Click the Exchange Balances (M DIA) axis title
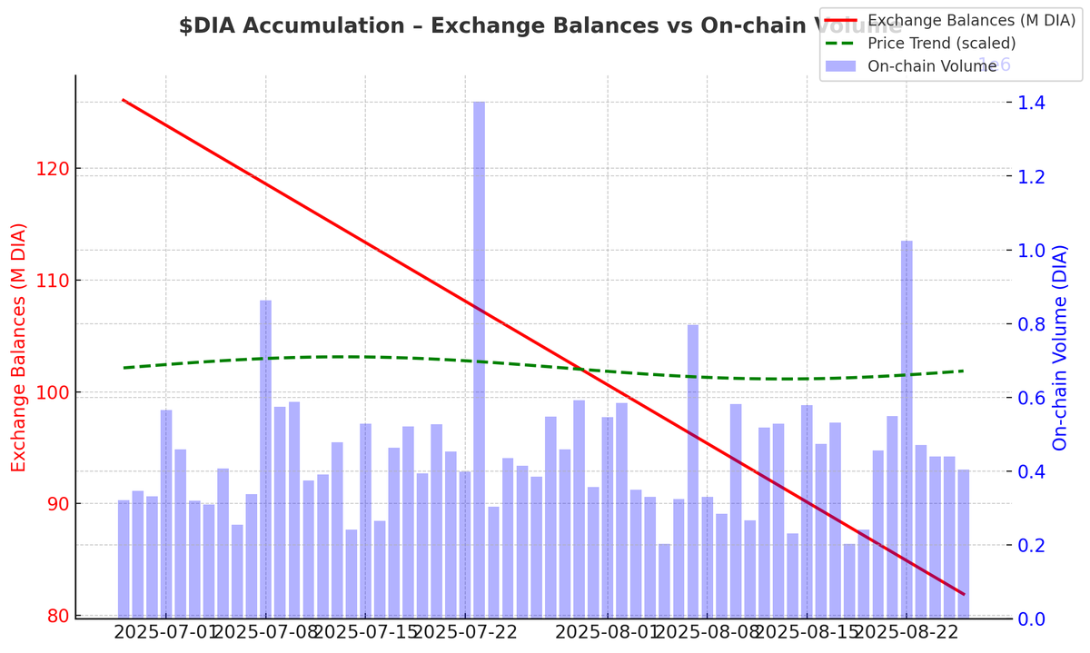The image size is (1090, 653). pos(19,348)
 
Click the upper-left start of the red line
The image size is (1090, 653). pos(124,100)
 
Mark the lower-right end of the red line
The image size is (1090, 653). pos(963,594)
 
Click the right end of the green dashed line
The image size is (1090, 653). pos(963,371)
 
